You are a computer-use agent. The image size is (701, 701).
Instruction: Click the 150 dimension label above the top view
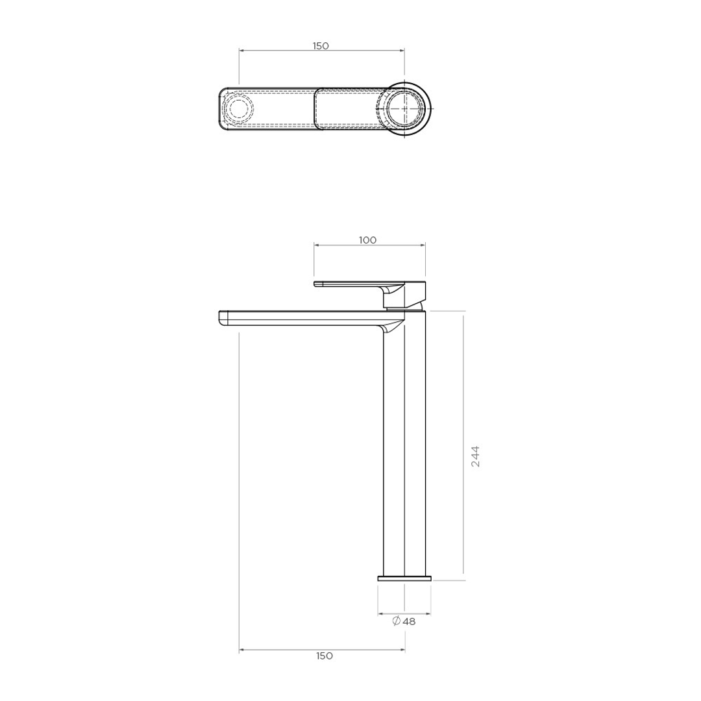(x=321, y=45)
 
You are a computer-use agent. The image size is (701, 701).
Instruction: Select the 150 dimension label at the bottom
(x=325, y=656)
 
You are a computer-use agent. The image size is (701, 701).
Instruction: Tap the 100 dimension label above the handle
(x=367, y=240)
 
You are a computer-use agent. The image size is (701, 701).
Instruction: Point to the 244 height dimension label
(x=476, y=457)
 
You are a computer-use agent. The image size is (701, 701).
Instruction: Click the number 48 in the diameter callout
(x=409, y=621)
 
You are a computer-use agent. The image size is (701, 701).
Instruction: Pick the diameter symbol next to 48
(x=396, y=621)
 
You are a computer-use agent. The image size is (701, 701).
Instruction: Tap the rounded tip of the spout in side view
(x=222, y=317)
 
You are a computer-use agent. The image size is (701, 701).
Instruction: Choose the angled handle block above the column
(x=406, y=294)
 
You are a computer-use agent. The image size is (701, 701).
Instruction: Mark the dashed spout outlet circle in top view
(x=238, y=108)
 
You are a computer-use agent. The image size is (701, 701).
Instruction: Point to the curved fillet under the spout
(x=391, y=328)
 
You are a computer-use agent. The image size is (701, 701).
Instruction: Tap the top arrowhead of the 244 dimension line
(x=463, y=314)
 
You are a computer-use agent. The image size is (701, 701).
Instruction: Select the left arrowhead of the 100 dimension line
(x=317, y=245)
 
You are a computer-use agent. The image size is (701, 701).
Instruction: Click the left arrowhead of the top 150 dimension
(x=241, y=50)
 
